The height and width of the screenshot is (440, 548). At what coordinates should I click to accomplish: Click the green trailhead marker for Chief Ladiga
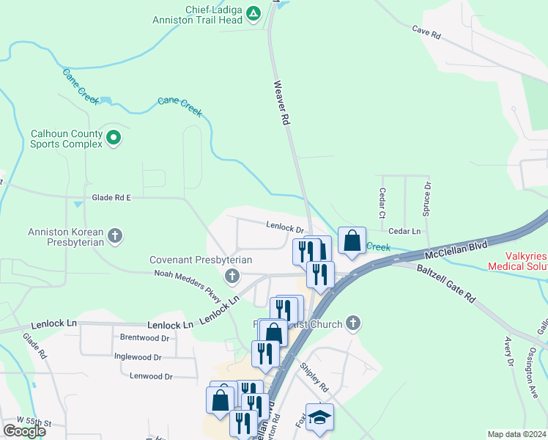pyautogui.click(x=253, y=13)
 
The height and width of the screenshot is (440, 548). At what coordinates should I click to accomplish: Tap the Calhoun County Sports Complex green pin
pyautogui.click(x=114, y=136)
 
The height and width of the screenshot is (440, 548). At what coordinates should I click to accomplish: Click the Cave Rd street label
pyautogui.click(x=426, y=33)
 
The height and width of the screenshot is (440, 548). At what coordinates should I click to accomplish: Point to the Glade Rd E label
pyautogui.click(x=111, y=198)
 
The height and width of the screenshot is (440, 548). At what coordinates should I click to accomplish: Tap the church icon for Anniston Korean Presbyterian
pyautogui.click(x=114, y=235)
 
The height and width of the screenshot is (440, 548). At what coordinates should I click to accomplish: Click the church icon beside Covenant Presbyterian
pyautogui.click(x=232, y=276)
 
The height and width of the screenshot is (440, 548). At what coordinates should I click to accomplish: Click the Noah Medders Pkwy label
pyautogui.click(x=188, y=284)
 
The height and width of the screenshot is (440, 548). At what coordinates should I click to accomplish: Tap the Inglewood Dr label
pyautogui.click(x=138, y=357)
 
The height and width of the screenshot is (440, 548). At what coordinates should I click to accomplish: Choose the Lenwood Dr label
pyautogui.click(x=149, y=376)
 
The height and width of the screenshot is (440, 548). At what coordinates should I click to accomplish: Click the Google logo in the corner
pyautogui.click(x=24, y=431)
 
